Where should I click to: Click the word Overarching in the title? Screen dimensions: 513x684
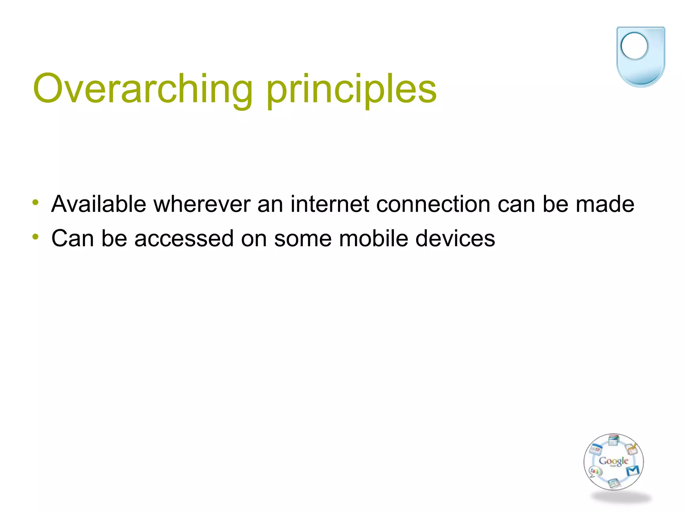pyautogui.click(x=142, y=89)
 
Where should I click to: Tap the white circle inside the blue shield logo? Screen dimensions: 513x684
pyautogui.click(x=634, y=46)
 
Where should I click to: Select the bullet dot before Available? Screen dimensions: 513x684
pyautogui.click(x=36, y=202)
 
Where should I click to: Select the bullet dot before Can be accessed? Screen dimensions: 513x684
pyautogui.click(x=36, y=237)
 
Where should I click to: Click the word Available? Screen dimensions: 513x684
pyautogui.click(x=99, y=204)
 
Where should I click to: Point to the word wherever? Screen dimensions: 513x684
pyautogui.click(x=202, y=204)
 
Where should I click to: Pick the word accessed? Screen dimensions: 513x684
pyautogui.click(x=184, y=239)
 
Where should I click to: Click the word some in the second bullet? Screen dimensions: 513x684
pyautogui.click(x=303, y=239)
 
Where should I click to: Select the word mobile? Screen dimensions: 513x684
pyautogui.click(x=373, y=239)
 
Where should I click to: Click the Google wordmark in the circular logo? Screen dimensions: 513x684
pyautogui.click(x=613, y=461)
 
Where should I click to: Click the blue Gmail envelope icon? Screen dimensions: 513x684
pyautogui.click(x=633, y=471)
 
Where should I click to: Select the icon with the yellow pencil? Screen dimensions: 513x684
pyautogui.click(x=631, y=449)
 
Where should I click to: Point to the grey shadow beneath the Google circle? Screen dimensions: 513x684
pyautogui.click(x=621, y=498)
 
